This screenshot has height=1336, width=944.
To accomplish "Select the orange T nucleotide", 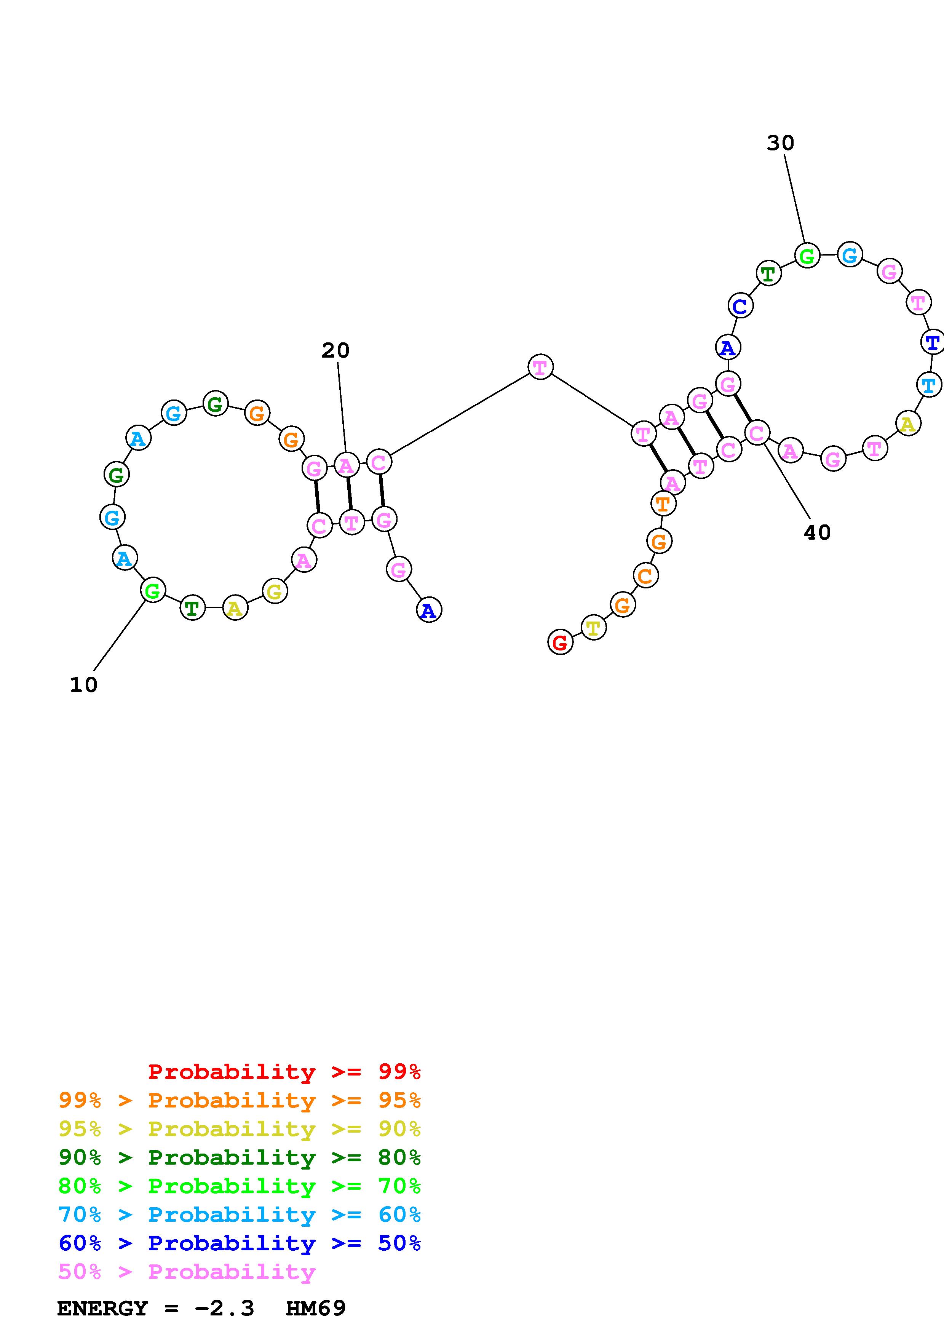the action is pos(663,503).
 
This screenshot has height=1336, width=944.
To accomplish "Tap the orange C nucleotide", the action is pos(645,576).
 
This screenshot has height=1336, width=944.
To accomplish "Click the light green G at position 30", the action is pos(807,256).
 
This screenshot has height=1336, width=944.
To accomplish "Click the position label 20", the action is pos(335,350).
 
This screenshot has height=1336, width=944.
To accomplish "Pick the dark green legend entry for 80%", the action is pos(240,1157).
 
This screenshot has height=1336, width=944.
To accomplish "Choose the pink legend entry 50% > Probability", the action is pos(187,1272).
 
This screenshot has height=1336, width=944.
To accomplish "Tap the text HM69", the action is pos(316,1308).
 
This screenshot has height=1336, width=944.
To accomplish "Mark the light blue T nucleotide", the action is pos(929,385).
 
